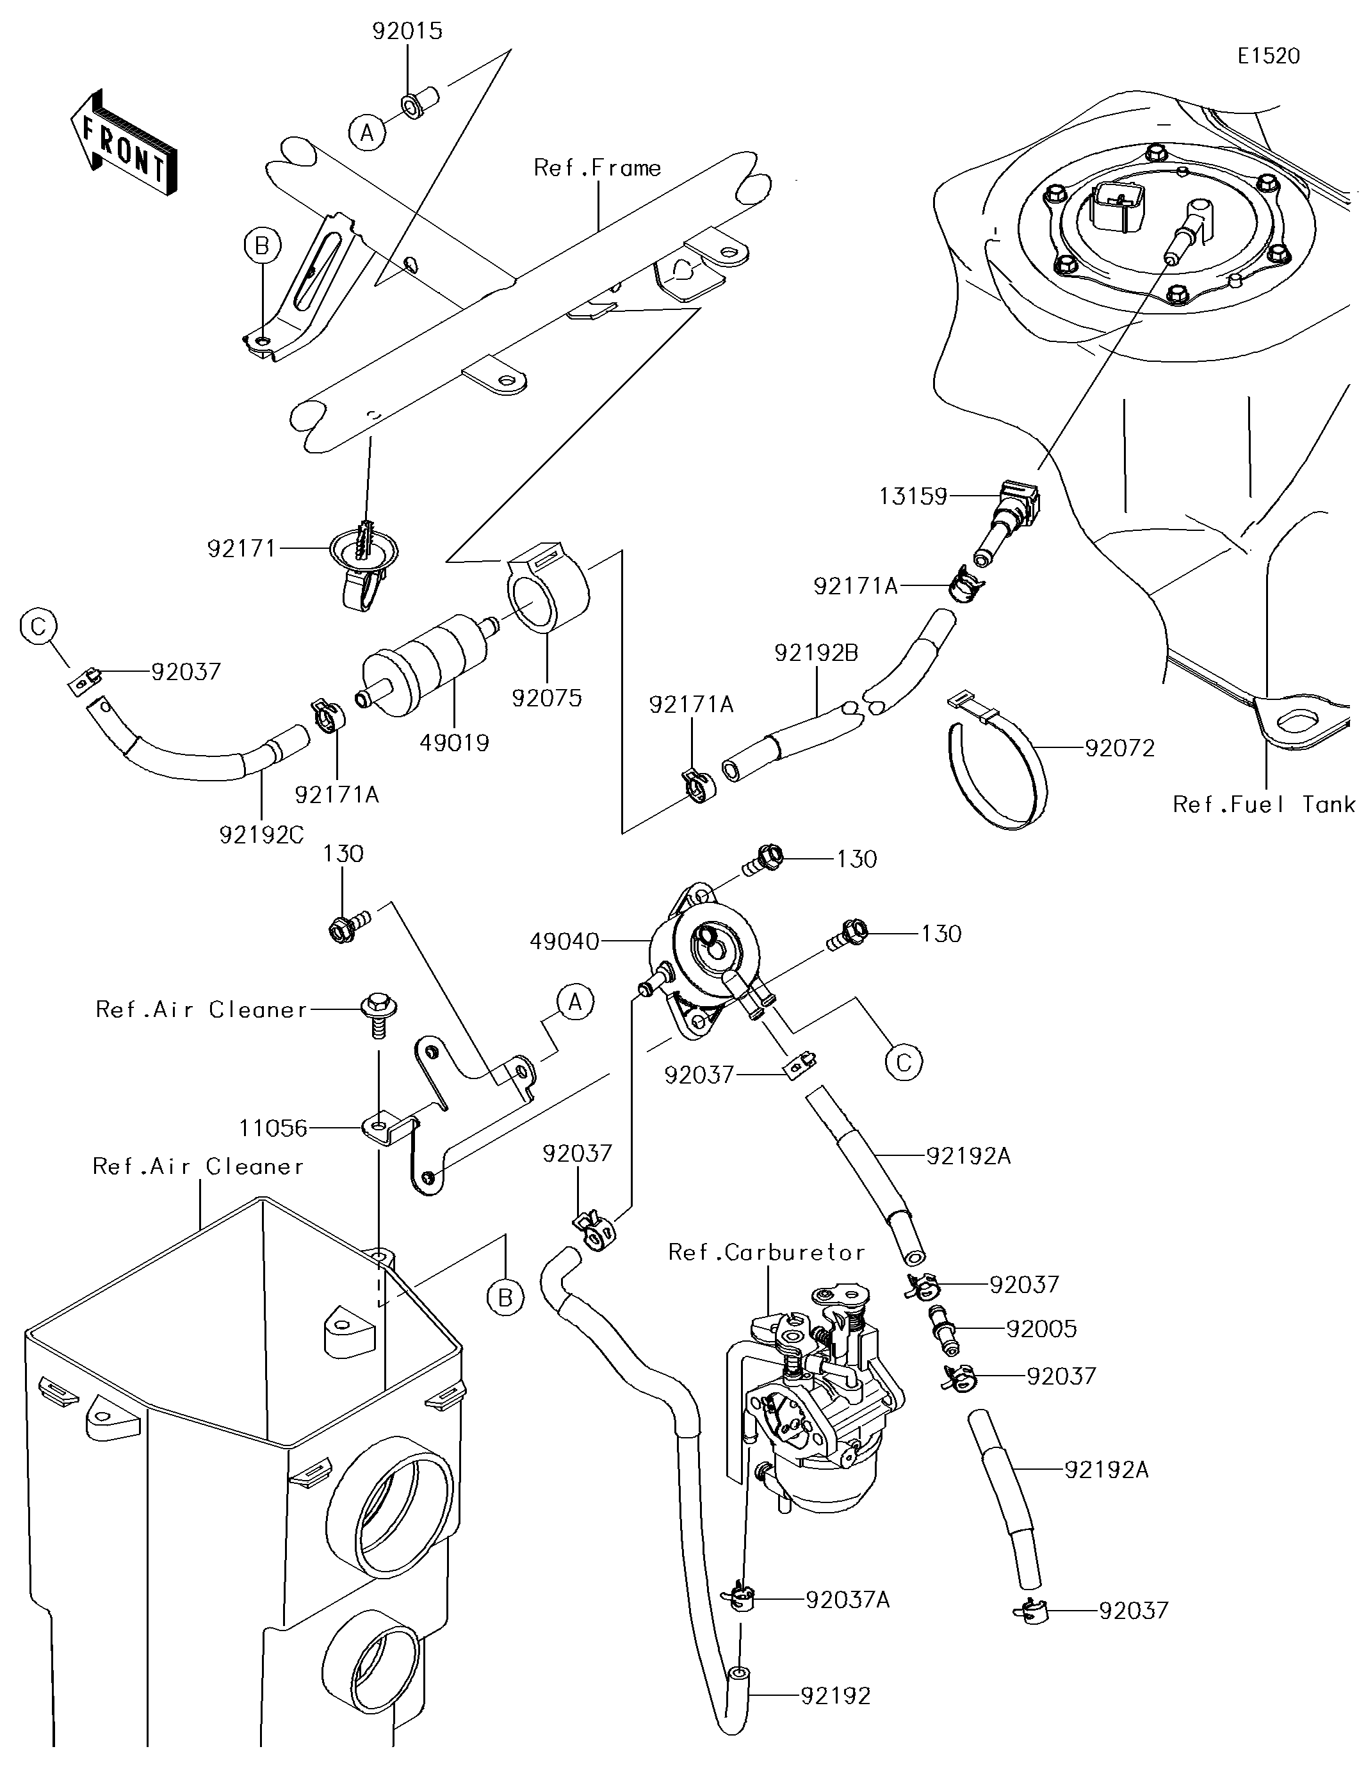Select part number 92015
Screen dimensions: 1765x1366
(407, 31)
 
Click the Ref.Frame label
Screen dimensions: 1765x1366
(598, 168)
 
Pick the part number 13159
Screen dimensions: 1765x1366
(913, 496)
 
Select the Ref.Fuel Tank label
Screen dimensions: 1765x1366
(1262, 804)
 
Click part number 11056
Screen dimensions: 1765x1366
(273, 1128)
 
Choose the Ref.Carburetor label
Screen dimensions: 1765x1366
(766, 1252)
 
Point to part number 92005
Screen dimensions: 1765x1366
(1041, 1330)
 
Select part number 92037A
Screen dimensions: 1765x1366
(847, 1600)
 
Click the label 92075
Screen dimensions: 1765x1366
(546, 698)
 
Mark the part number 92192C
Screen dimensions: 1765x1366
(261, 835)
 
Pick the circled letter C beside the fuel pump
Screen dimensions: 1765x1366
(904, 1062)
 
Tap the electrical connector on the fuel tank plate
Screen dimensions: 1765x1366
(1114, 209)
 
